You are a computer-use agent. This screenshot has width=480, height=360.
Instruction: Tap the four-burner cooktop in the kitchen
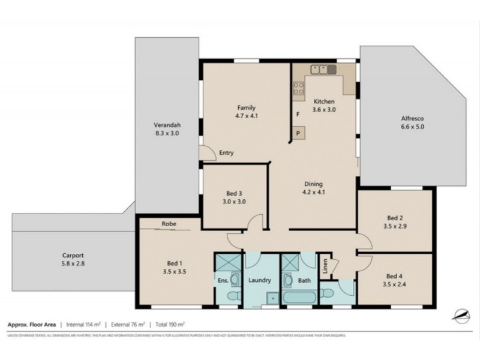pyautogui.click(x=298, y=90)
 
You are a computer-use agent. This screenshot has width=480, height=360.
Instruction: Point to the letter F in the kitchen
pyautogui.click(x=297, y=114)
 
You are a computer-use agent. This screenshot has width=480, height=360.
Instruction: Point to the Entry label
pyautogui.click(x=226, y=153)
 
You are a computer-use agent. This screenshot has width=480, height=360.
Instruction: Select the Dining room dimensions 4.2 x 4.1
pyautogui.click(x=313, y=193)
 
